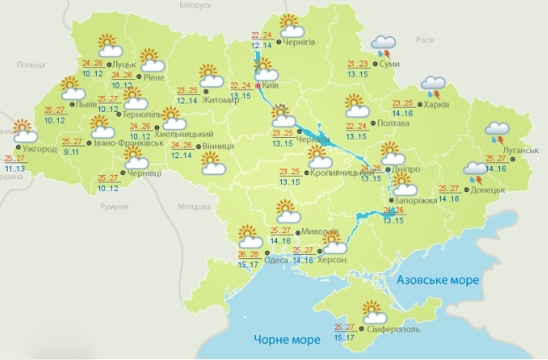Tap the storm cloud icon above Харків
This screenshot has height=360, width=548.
click(x=434, y=85)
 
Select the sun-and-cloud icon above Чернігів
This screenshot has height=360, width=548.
click(x=289, y=23)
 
